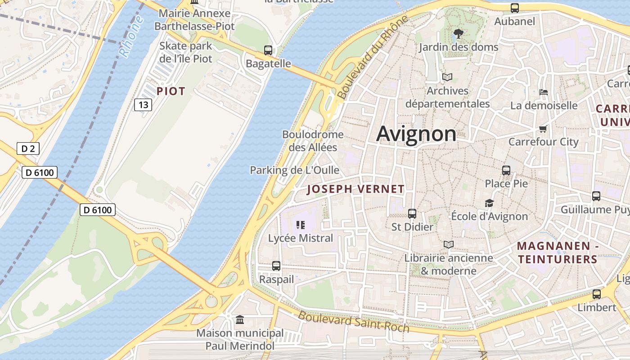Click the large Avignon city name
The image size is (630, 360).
coord(416,134)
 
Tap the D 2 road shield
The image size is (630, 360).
coord(28,148)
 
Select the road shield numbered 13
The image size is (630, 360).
coord(143,105)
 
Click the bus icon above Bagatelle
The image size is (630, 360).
coord(268,50)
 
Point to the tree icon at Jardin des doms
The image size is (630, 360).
coord(459,33)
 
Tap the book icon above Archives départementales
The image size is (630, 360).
coord(447,77)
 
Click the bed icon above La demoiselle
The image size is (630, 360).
coord(544,92)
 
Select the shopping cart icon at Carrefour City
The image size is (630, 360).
coord(543,129)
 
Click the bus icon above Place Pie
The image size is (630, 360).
coord(506,170)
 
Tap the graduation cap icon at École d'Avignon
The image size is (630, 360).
coord(489,203)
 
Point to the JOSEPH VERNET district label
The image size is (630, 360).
coord(355,189)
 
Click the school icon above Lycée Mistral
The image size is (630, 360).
coord(301,225)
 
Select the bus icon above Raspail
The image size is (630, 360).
coord(276,266)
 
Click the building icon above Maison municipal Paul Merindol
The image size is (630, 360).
coord(240,319)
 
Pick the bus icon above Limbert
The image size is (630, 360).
coord(597,294)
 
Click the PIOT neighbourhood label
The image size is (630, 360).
coord(171,91)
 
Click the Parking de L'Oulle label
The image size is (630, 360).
coord(295,170)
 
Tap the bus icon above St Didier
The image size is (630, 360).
coord(412,214)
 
